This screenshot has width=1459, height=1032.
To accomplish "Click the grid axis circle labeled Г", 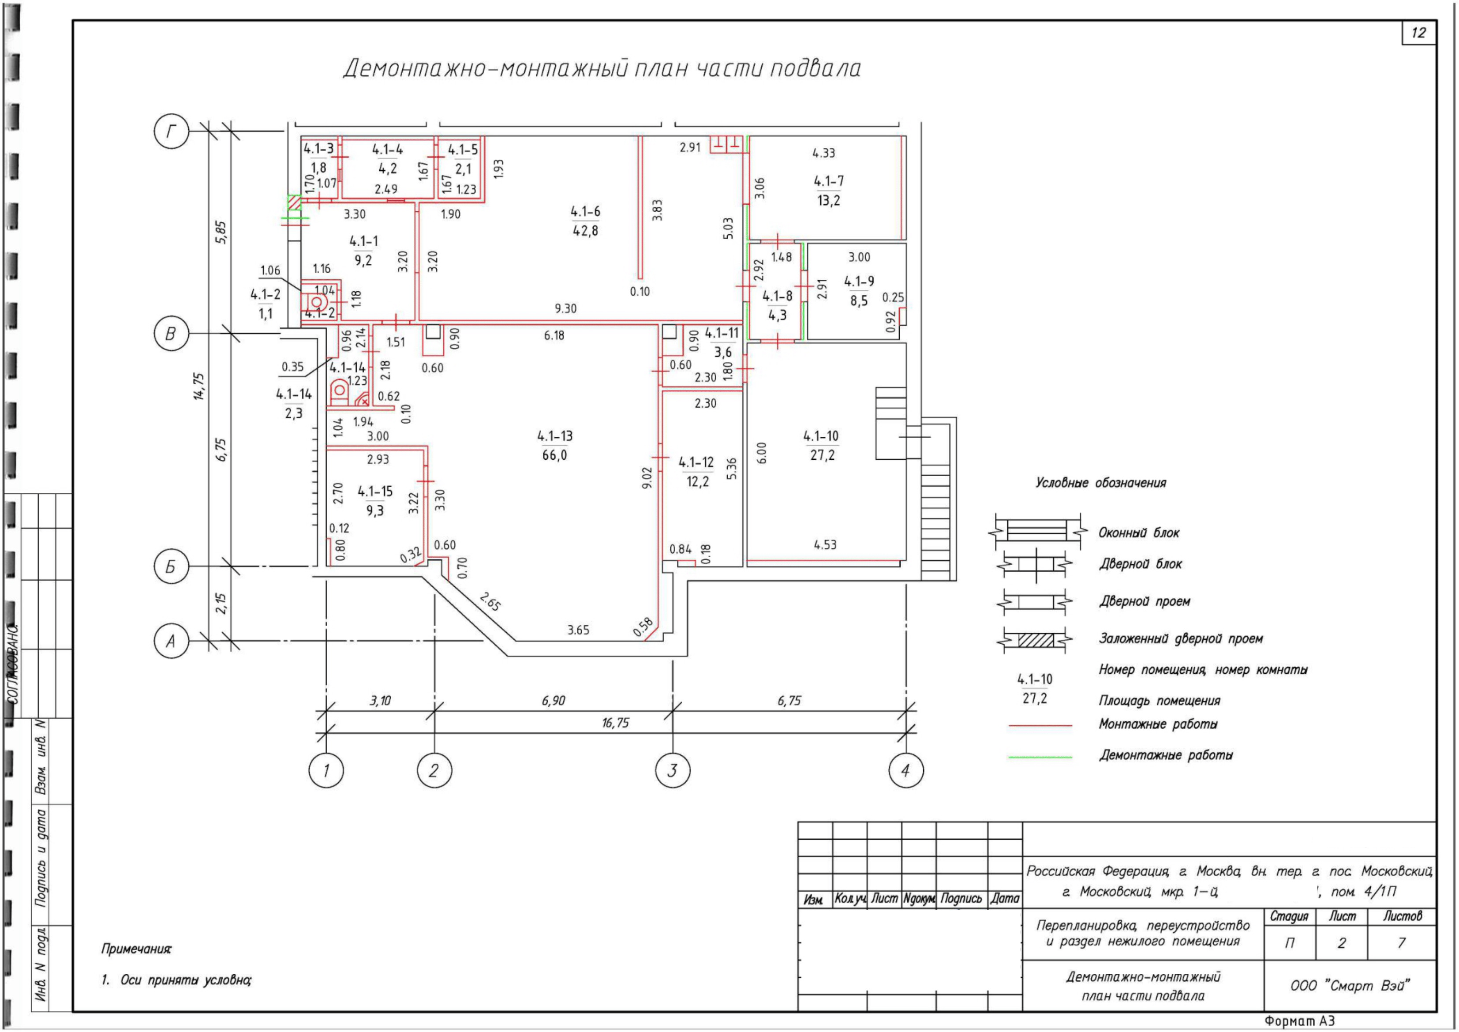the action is pos(172,131).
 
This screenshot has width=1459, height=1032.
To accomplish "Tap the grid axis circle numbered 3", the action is pos(672,771).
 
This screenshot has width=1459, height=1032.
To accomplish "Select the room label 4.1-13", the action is pos(555,436).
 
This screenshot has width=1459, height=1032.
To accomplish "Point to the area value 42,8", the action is pos(585,231).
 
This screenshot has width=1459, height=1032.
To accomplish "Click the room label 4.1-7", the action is pos(829,181).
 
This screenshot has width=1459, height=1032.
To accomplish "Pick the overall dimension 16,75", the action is pos(615,723).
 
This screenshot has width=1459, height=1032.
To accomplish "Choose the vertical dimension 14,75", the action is pos(199,386).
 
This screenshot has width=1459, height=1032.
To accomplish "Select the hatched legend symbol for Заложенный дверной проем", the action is pos(1036,639).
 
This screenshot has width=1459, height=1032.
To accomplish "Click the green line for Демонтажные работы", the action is pos(1040,757).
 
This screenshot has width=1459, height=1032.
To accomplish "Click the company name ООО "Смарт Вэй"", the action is pos(1350,986).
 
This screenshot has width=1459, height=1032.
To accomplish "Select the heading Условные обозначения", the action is pos(1101,483).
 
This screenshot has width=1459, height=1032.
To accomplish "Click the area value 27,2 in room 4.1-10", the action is pos(822,455).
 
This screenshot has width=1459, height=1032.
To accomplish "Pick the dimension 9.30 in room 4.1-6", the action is pos(565,308).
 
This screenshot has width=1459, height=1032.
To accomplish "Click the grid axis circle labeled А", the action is pos(172,641).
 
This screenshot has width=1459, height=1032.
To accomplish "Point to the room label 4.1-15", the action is pos(375,492).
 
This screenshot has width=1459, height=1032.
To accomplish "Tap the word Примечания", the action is pos(137,949).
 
